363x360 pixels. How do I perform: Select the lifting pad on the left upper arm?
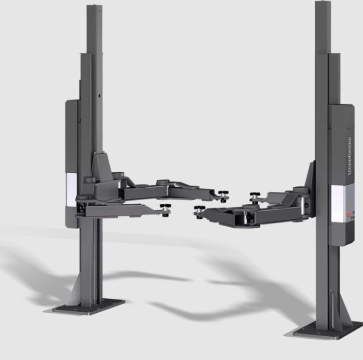tap(224, 196)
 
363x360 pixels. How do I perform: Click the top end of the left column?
tap(94, 8)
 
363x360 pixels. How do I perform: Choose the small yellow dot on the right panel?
tap(349, 204)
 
